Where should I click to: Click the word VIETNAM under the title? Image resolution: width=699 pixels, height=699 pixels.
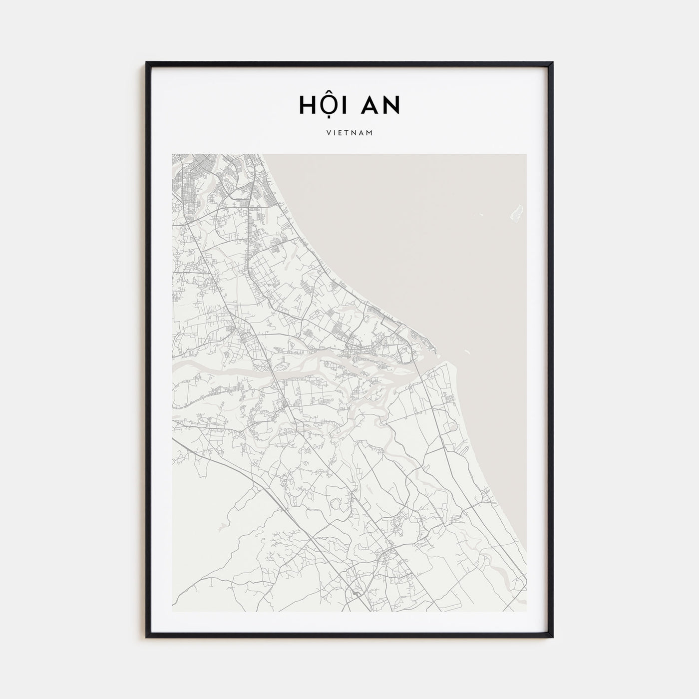point(349,133)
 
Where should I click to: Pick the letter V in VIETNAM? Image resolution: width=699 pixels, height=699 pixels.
point(328,133)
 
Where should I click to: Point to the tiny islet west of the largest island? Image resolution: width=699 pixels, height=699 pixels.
point(481,215)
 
